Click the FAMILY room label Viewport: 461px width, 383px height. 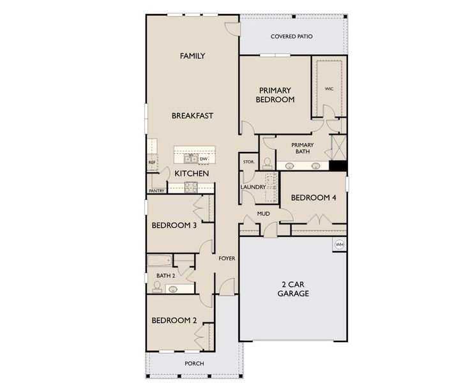(192, 56)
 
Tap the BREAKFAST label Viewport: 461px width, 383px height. (192, 116)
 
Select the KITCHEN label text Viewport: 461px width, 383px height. (192, 174)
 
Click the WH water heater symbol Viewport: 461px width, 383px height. (339, 244)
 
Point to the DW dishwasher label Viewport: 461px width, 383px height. (204, 159)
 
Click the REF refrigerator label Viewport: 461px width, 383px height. (152, 163)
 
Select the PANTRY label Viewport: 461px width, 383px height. (156, 191)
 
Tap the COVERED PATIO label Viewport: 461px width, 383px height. (291, 37)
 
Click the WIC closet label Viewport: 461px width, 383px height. (329, 89)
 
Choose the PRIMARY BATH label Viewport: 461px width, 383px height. (302, 148)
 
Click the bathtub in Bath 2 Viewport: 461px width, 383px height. (159, 260)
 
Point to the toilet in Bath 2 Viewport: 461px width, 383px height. (157, 286)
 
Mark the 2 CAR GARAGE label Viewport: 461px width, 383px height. (293, 289)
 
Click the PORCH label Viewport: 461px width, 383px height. (194, 363)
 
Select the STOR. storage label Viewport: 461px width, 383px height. (248, 162)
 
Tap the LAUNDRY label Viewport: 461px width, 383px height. (252, 187)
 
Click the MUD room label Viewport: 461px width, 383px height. (264, 214)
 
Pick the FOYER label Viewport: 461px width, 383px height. (227, 259)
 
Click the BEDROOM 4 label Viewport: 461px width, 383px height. (314, 198)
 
